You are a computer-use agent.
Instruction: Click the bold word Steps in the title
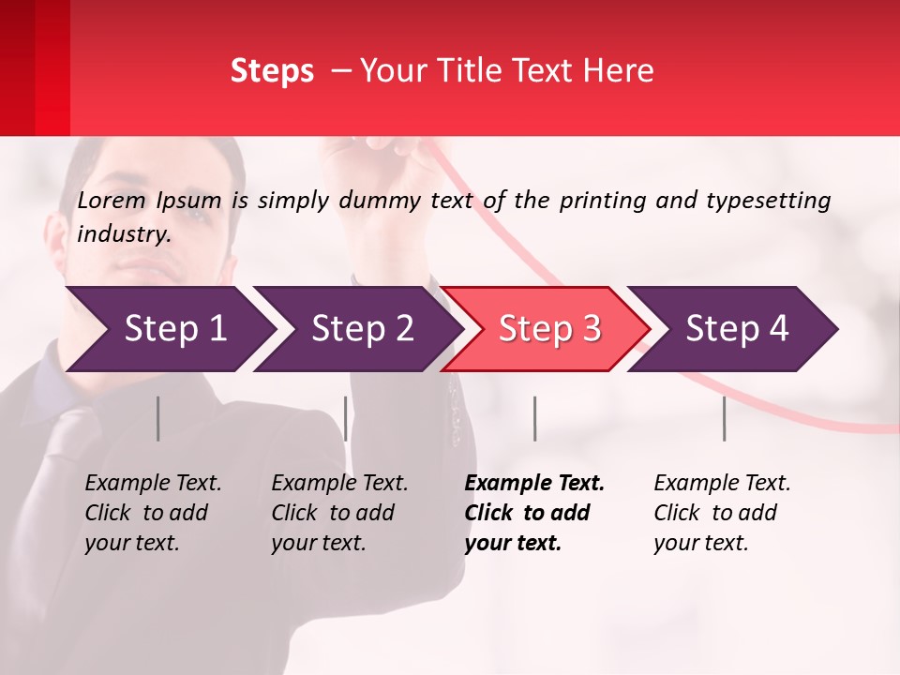tap(272, 71)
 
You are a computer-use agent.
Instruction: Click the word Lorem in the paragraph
tap(112, 201)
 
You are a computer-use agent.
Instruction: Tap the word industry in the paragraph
tap(123, 234)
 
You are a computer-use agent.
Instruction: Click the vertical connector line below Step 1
tap(158, 418)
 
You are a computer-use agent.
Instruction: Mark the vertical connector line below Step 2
tap(346, 418)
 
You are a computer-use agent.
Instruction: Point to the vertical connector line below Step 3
tap(535, 418)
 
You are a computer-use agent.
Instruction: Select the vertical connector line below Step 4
tap(725, 418)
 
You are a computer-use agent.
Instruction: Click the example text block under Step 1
tap(153, 513)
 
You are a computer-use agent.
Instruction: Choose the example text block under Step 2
tap(339, 513)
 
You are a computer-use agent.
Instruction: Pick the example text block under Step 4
tap(722, 513)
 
